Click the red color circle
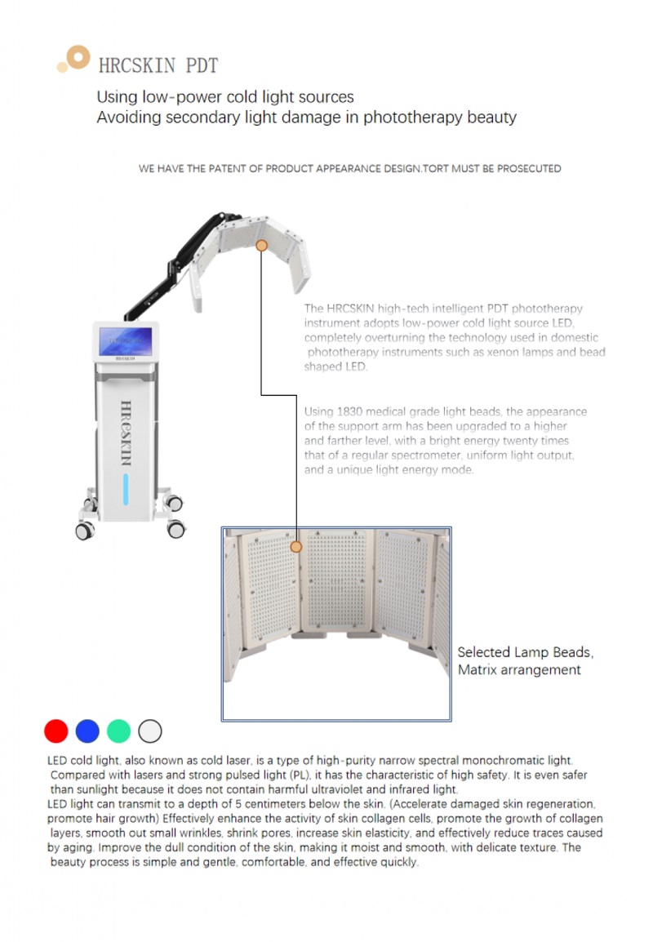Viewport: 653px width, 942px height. click(56, 731)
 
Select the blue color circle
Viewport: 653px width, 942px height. click(87, 731)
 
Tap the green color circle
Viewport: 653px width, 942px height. click(119, 731)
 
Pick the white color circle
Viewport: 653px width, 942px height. click(150, 731)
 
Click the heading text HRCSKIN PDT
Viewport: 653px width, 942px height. click(158, 65)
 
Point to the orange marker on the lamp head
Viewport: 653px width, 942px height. click(262, 245)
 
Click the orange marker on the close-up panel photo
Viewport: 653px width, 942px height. click(296, 546)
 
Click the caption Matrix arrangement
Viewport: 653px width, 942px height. click(519, 670)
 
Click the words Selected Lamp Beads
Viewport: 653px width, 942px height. click(525, 652)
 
